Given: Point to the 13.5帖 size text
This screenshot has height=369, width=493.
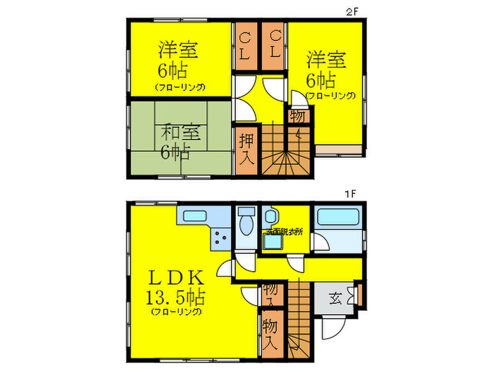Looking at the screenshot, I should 175,295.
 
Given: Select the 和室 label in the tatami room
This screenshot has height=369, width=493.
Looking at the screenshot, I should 175,131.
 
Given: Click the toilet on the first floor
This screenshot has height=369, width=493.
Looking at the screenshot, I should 246,224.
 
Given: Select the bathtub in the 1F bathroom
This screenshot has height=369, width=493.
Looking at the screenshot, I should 337,217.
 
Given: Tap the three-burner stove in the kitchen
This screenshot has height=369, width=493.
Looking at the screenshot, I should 220,238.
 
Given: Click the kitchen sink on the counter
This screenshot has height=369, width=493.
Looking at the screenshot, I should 191,215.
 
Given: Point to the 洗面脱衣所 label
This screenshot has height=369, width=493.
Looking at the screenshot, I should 284,232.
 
